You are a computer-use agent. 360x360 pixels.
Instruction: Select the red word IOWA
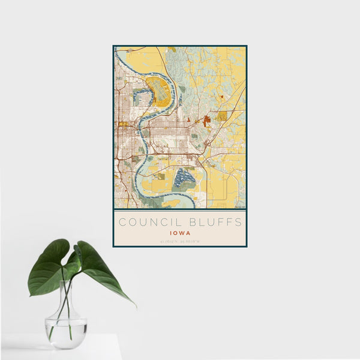pyautogui.click(x=179, y=232)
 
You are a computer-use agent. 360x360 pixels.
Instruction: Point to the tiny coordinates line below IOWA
pyautogui.click(x=179, y=241)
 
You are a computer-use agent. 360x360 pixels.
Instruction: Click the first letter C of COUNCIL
pyautogui.click(x=121, y=222)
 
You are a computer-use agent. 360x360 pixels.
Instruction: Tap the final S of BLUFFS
pyautogui.click(x=239, y=222)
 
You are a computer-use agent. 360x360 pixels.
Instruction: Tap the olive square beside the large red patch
pyautogui.click(x=223, y=116)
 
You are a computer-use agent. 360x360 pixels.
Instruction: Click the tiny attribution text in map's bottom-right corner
pyautogui.click(x=240, y=207)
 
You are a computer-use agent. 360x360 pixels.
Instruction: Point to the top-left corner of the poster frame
pyautogui.click(x=113, y=46)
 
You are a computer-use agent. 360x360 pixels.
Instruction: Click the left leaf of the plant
pyautogui.click(x=49, y=267)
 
